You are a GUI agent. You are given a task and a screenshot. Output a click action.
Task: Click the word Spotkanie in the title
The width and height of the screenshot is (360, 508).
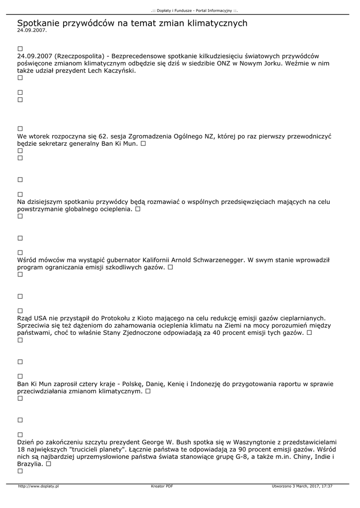click(x=37, y=23)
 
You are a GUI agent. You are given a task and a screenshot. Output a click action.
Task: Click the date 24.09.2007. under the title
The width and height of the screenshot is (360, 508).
click(x=32, y=31)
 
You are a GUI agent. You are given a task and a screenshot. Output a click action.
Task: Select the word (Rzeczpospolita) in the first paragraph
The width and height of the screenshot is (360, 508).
click(x=76, y=56)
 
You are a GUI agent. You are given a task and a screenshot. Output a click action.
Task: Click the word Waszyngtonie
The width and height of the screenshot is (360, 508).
click(x=255, y=442)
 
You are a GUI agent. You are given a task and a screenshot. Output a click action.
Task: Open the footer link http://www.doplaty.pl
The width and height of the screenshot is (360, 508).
click(x=38, y=487)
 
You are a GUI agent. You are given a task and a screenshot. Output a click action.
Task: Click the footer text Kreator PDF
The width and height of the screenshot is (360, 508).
click(x=162, y=487)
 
